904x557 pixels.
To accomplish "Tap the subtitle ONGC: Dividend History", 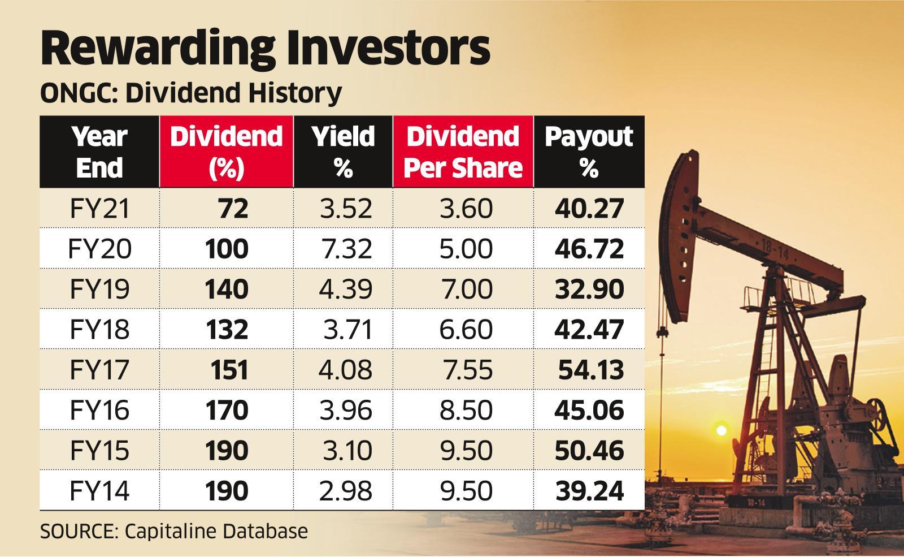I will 190,93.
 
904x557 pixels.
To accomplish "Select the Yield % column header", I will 343,152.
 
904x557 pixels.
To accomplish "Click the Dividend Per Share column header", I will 463,152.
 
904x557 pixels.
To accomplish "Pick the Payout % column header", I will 589,152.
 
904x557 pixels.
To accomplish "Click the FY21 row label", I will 99,208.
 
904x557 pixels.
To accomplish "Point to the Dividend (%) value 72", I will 232,209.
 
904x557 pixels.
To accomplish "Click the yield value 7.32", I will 346,249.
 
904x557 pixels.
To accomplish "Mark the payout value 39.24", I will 589,490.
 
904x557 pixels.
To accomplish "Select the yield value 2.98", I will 346,490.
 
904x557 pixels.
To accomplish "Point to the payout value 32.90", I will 589,289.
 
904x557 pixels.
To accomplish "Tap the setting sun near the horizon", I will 720,430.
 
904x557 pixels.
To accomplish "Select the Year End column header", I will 99,152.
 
